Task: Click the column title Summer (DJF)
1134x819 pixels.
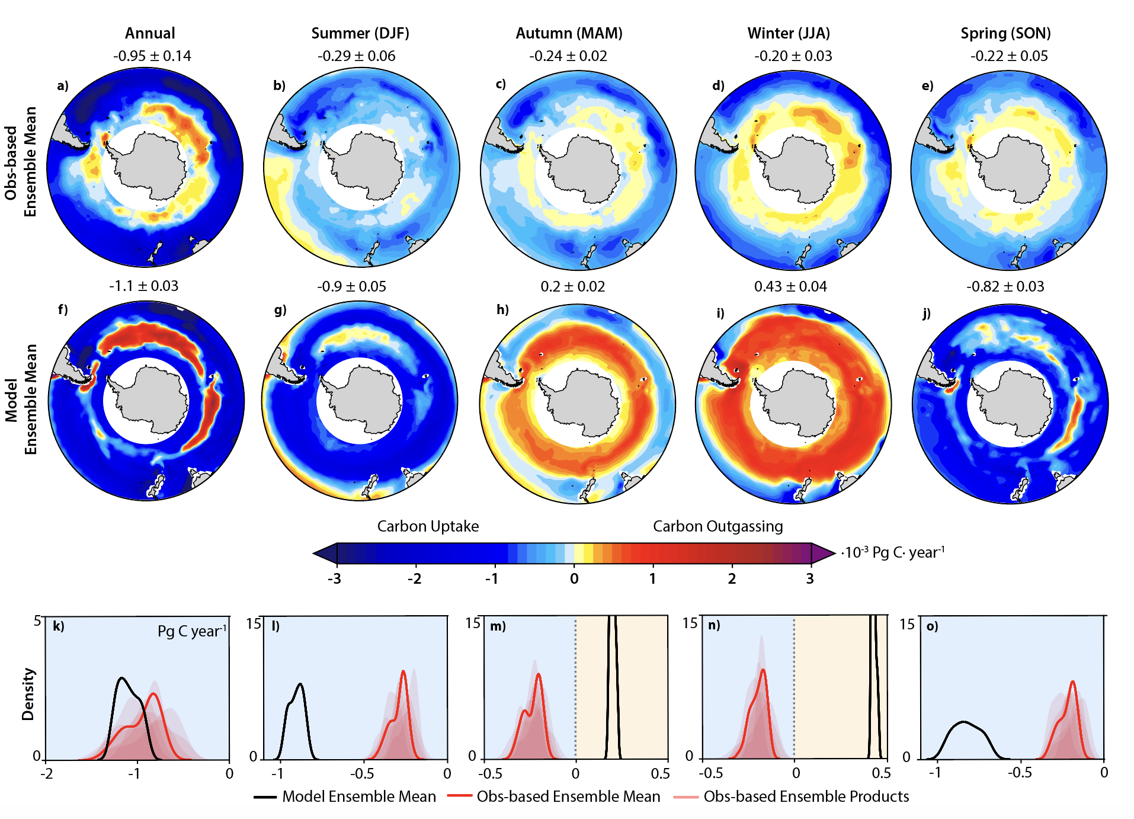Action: pos(360,33)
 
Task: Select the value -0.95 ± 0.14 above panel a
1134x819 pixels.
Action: pos(152,56)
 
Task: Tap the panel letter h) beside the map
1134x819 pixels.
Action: pos(502,309)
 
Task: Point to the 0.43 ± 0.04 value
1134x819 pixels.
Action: pos(790,287)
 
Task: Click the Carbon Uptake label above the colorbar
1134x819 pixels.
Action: pos(428,526)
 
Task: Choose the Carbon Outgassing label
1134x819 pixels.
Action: pos(717,526)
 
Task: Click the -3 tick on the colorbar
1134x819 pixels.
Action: pos(335,578)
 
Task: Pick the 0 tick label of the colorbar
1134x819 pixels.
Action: pos(574,578)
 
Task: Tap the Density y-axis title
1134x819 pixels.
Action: pos(28,694)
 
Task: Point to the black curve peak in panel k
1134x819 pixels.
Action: pos(122,678)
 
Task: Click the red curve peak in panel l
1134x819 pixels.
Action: pos(403,671)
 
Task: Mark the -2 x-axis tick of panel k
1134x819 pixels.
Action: pos(46,774)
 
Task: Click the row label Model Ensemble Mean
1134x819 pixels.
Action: pos(21,400)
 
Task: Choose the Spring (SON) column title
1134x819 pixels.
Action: pos(1005,33)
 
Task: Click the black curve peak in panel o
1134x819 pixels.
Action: pos(963,722)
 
